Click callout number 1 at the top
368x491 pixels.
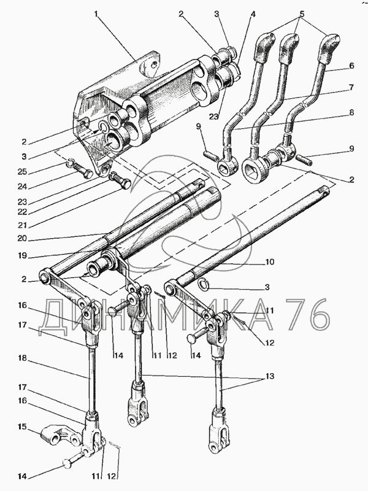(96, 14)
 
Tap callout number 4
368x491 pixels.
(253, 14)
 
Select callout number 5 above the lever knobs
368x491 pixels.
(302, 14)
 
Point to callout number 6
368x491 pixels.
(351, 66)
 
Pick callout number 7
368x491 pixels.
(351, 87)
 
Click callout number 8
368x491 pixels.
(351, 112)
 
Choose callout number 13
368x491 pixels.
(270, 376)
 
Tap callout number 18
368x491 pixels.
(23, 358)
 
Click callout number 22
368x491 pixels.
(23, 212)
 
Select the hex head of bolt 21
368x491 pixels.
(126, 184)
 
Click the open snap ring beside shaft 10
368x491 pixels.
(204, 284)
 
